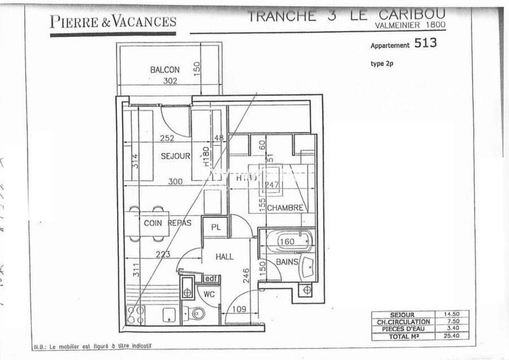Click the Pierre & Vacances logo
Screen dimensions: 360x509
coord(113,23)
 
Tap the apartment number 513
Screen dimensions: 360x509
coord(426,44)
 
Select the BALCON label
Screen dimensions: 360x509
coord(165,69)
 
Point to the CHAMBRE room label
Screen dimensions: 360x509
coord(283,208)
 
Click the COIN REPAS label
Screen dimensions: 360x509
coord(162,223)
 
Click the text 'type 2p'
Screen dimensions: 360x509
coord(382,64)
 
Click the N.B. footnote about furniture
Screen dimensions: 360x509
coord(94,347)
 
